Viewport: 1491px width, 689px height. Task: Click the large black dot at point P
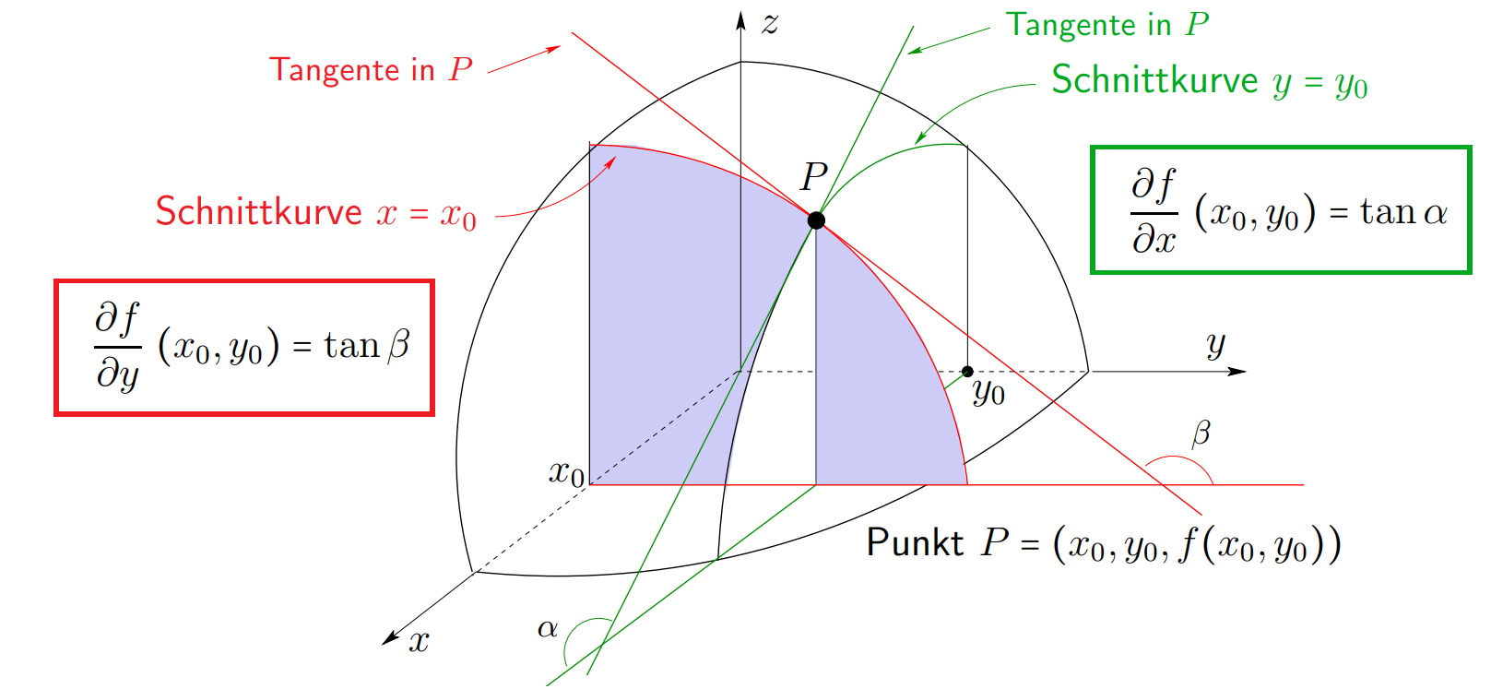(x=816, y=220)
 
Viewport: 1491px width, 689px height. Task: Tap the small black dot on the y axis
(x=968, y=372)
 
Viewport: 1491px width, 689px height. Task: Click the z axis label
(x=770, y=24)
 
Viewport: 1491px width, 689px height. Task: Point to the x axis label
(x=419, y=641)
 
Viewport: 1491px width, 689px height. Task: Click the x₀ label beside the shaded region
(x=566, y=472)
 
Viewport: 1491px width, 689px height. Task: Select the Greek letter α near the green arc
(x=548, y=628)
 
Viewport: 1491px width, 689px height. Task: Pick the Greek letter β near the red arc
(x=1201, y=434)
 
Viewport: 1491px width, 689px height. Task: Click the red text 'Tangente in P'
(x=371, y=69)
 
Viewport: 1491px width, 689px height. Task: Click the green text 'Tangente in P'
(x=1106, y=25)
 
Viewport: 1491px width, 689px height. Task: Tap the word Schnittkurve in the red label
(x=259, y=212)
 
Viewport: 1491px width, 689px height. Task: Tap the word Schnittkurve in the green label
(x=1154, y=80)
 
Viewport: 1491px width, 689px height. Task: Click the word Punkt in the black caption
(x=915, y=542)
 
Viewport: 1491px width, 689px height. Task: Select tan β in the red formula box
(x=367, y=346)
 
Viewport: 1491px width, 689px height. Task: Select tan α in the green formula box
(x=1403, y=212)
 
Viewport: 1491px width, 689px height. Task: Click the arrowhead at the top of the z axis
(x=740, y=20)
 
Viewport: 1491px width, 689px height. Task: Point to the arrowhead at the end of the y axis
(x=1237, y=372)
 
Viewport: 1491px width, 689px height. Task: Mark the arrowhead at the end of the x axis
(x=389, y=638)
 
